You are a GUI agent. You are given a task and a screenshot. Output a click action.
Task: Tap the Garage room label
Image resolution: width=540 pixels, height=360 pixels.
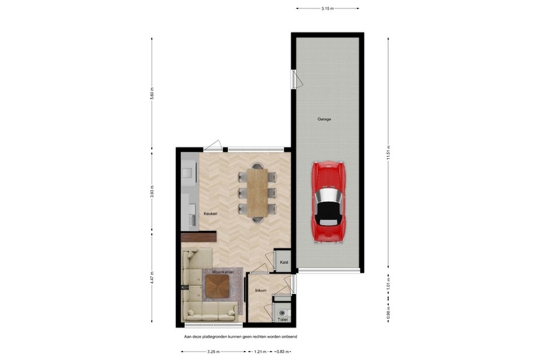coord(324,119)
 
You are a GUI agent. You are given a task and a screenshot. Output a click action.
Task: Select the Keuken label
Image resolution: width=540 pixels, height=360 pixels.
coord(210,214)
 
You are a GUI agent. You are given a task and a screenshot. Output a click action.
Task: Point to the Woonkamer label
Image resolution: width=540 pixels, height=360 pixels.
coord(214,272)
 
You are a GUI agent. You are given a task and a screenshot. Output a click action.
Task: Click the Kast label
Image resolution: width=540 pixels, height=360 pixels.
coord(284,262)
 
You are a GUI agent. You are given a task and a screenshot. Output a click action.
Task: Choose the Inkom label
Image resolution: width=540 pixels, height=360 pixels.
coord(260,290)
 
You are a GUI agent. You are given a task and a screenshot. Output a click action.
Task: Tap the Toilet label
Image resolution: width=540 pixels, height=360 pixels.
coord(283,320)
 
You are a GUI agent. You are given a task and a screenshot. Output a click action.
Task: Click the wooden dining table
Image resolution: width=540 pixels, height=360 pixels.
coord(257,193)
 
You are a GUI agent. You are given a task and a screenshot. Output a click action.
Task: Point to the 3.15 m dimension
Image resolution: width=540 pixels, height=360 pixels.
coord(328,8)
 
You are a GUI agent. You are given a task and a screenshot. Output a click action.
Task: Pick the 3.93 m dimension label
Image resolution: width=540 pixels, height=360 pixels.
coord(152,193)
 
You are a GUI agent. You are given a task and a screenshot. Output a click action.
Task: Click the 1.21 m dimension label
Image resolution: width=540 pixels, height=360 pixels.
coord(259,352)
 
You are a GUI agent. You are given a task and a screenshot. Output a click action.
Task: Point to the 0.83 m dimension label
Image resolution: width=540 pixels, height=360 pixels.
coord(283,352)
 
